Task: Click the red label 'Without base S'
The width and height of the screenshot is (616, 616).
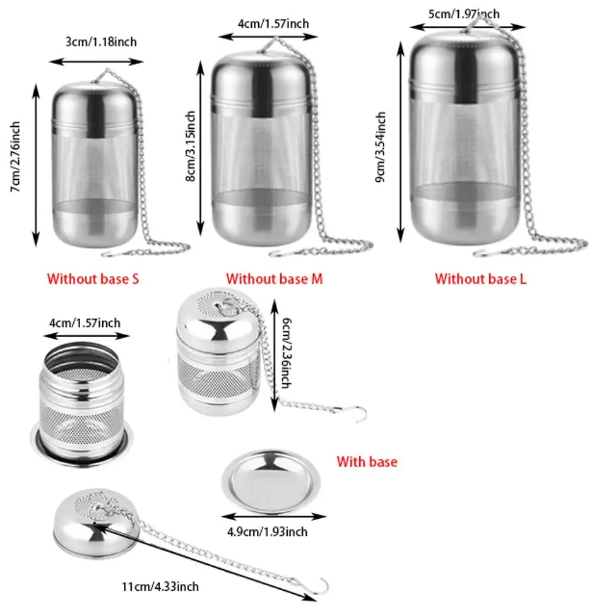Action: pyautogui.click(x=93, y=278)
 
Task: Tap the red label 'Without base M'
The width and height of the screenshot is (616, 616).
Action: pyautogui.click(x=274, y=278)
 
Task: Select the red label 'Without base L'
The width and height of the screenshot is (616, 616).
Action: pyautogui.click(x=480, y=278)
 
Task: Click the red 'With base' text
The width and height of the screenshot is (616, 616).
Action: pyautogui.click(x=367, y=461)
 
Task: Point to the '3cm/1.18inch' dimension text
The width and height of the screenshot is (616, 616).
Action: pyautogui.click(x=101, y=42)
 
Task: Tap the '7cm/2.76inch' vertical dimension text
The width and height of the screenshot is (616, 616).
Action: pyautogui.click(x=16, y=157)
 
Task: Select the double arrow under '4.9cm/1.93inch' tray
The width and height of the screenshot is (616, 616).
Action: pyautogui.click(x=271, y=516)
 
